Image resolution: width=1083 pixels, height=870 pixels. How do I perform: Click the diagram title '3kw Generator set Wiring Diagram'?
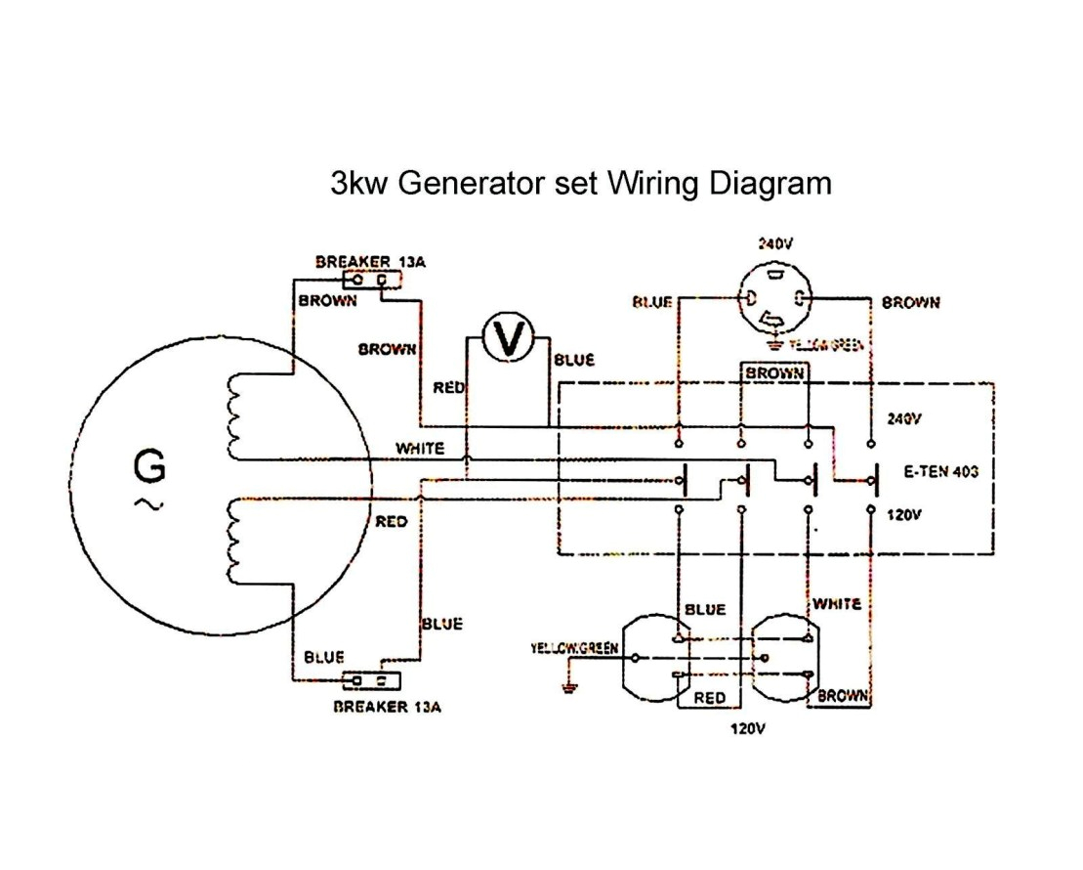coord(581,183)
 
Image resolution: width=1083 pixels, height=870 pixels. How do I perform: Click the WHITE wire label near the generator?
coord(420,449)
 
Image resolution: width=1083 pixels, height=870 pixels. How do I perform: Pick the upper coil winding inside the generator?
coord(233,417)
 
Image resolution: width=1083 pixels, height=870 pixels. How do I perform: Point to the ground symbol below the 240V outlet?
coord(774,343)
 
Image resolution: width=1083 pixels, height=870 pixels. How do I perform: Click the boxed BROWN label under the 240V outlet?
coord(775,373)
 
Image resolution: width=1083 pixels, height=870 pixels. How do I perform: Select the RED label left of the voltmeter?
coord(449,388)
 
